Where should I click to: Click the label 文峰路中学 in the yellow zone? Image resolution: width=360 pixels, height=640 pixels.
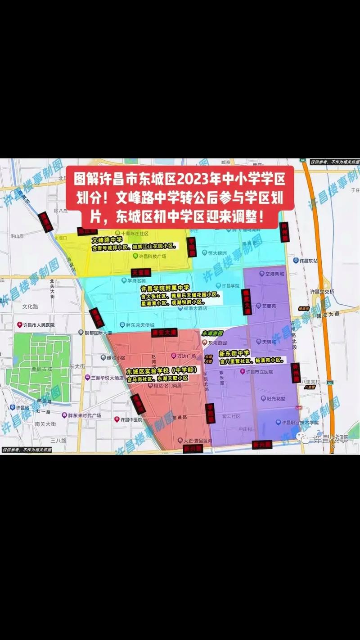tap(107, 240)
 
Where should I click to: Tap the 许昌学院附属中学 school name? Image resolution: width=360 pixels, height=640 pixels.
tap(165, 288)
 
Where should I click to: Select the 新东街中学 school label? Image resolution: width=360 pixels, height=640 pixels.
tap(234, 354)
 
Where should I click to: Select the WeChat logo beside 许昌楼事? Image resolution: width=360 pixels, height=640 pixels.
tap(306, 438)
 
